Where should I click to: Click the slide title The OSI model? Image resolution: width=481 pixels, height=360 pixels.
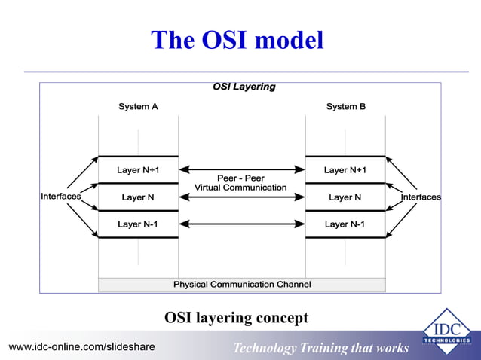237,40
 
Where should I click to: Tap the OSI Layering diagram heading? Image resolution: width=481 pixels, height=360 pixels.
244,87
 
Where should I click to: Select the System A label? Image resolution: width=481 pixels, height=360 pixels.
138,107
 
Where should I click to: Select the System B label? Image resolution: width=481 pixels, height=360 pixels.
345,107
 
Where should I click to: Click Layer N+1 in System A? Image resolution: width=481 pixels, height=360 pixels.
138,170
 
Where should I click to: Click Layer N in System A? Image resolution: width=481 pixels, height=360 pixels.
138,197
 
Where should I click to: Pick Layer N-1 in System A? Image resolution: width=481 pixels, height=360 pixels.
138,224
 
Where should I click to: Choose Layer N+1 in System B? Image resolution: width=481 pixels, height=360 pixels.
345,170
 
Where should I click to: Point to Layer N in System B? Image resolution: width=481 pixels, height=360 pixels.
345,197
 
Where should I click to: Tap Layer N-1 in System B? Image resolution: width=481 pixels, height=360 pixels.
345,224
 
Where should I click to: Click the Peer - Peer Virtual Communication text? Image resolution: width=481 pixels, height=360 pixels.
240,183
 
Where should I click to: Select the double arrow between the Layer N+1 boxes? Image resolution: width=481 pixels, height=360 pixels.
241,169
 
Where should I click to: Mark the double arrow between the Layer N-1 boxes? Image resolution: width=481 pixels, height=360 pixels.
241,224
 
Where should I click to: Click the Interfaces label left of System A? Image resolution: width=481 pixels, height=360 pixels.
60,197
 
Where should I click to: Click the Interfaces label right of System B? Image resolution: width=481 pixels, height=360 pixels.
421,197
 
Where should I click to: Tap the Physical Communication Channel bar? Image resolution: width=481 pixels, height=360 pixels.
242,285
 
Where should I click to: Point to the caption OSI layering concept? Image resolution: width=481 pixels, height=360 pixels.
236,319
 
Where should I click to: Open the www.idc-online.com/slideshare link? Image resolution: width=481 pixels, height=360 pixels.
81,347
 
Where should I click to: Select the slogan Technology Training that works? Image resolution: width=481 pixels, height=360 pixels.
320,348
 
